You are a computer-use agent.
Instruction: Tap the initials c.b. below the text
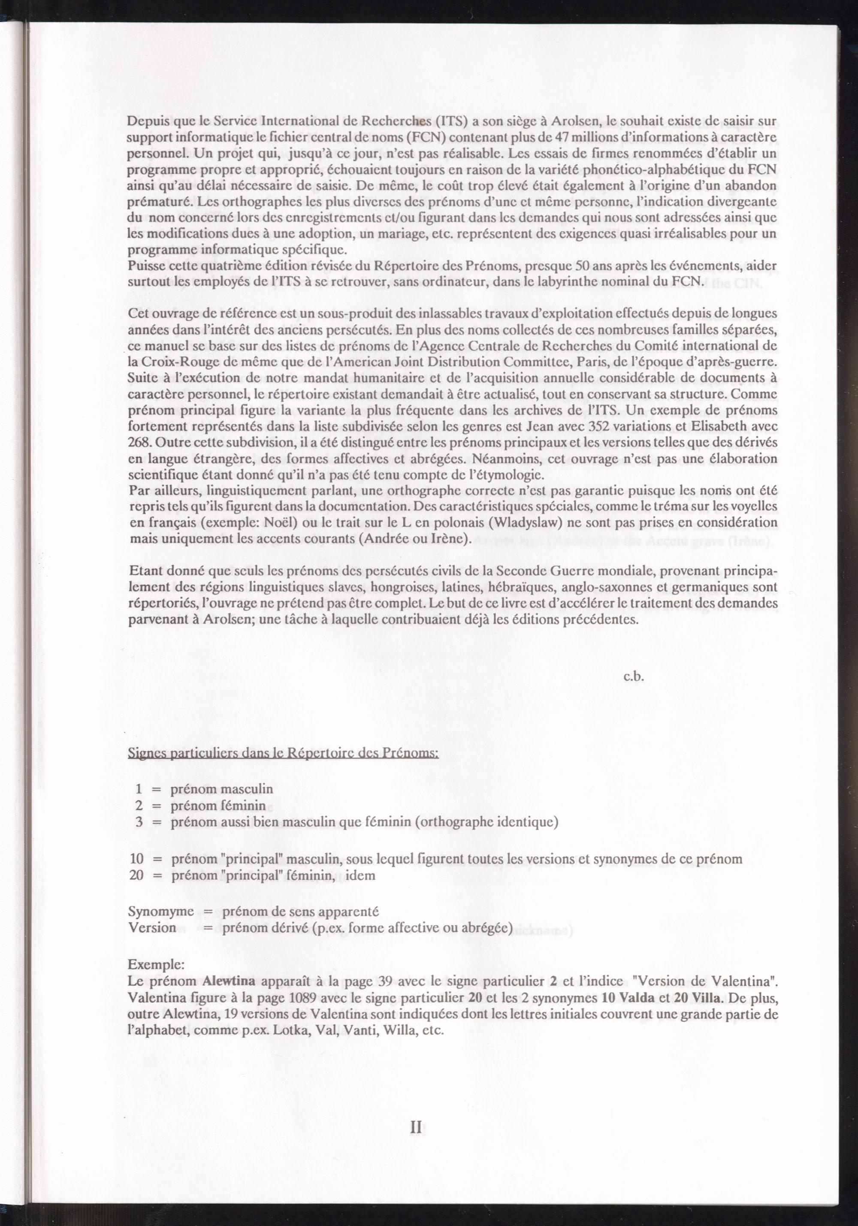pos(634,676)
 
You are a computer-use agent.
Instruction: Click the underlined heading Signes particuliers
pos(283,753)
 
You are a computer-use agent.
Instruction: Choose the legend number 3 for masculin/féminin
pos(139,822)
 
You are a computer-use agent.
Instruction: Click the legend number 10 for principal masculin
pos(137,859)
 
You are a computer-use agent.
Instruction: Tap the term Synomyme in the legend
pos(161,912)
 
